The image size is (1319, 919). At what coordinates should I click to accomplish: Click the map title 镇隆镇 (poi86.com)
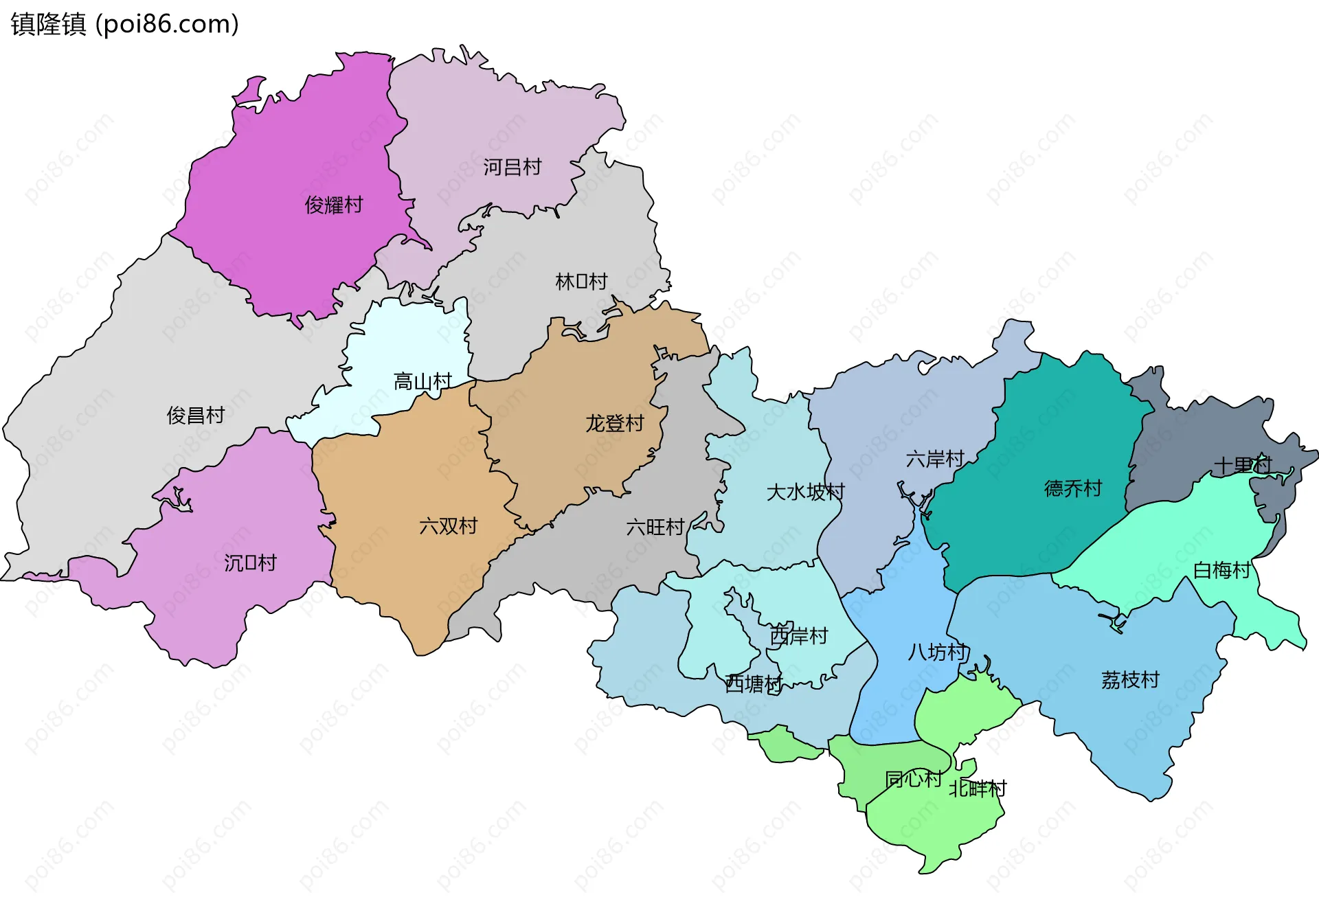coord(124,24)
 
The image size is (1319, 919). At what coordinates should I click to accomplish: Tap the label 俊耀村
coord(333,205)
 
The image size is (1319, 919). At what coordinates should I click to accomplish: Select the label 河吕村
coord(512,167)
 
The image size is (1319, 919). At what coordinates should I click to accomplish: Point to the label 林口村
coord(581,282)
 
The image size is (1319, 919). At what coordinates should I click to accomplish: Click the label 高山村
coord(422,381)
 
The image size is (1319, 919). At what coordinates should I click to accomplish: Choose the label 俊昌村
coord(195,415)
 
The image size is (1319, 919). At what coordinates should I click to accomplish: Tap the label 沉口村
coord(250,563)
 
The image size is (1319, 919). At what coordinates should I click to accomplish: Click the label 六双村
coord(448,526)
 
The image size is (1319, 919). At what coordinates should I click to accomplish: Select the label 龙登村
coord(614,423)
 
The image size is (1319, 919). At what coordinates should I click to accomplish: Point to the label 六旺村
coord(655,527)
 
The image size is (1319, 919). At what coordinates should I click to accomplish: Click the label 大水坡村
coord(805,492)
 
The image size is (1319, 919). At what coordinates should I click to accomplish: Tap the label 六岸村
coord(935,459)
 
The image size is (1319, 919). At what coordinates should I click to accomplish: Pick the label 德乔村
coord(1072,488)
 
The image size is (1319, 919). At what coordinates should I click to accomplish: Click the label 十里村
coord(1243,465)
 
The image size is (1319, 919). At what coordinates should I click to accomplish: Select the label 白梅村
coord(1221,570)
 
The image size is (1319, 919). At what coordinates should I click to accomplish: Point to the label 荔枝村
coord(1130,680)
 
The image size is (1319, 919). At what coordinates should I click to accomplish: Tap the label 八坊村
coord(938,652)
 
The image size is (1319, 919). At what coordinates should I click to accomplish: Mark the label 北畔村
coord(978,788)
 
